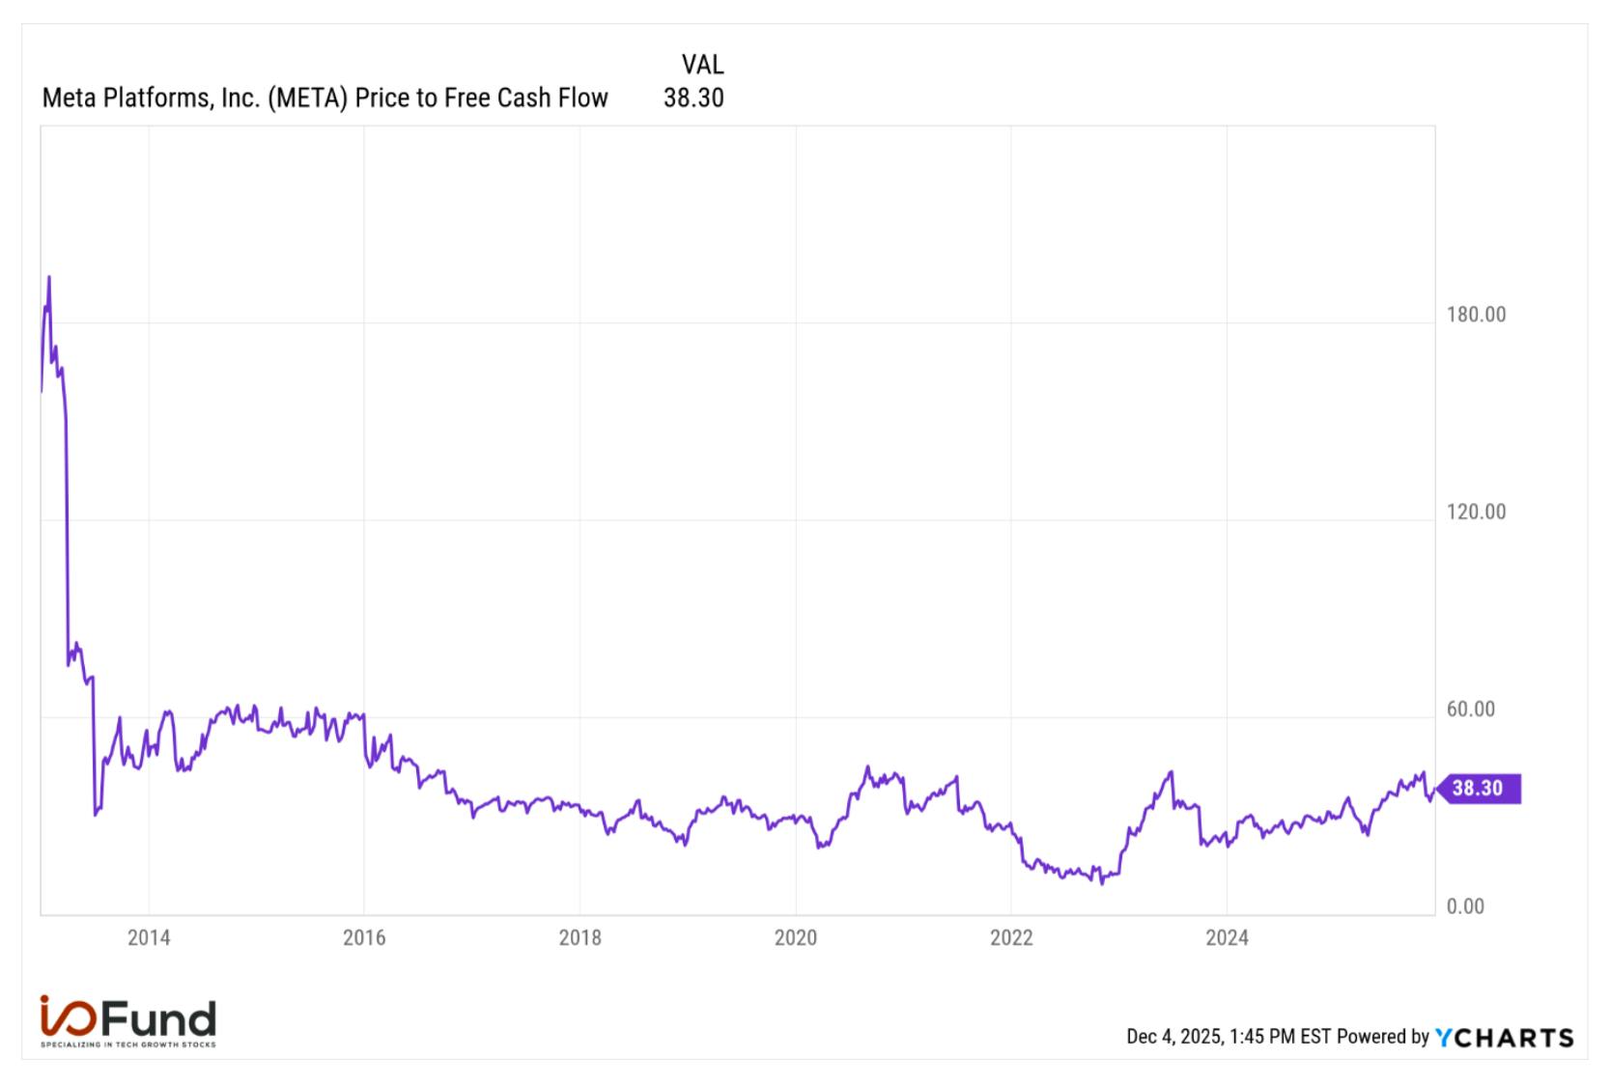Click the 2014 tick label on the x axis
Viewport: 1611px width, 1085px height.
coord(149,938)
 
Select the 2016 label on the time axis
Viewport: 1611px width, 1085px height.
coord(364,938)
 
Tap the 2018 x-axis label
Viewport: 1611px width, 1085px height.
coord(579,938)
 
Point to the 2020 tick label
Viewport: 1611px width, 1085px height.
coord(796,938)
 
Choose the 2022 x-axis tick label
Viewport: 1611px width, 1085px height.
coord(1011,938)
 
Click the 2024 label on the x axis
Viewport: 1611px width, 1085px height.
coord(1227,938)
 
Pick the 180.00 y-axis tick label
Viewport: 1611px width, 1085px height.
coord(1476,315)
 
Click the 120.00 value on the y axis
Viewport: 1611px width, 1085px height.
coord(1476,512)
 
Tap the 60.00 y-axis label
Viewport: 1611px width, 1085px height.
coord(1471,709)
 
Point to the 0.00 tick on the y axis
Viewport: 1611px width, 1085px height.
coord(1466,906)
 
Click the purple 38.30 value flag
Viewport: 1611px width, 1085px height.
coord(1479,789)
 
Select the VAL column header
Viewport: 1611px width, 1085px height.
coord(703,65)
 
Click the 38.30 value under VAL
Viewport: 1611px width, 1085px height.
coord(693,97)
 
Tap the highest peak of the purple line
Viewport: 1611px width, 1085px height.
coord(49,276)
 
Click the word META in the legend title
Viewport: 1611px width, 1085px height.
coord(308,97)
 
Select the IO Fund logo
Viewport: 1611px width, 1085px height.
coord(128,1021)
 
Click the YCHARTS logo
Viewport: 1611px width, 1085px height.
coord(1505,1038)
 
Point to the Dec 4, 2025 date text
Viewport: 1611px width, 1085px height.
coord(1174,1037)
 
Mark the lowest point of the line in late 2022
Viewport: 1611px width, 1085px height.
coord(1102,883)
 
